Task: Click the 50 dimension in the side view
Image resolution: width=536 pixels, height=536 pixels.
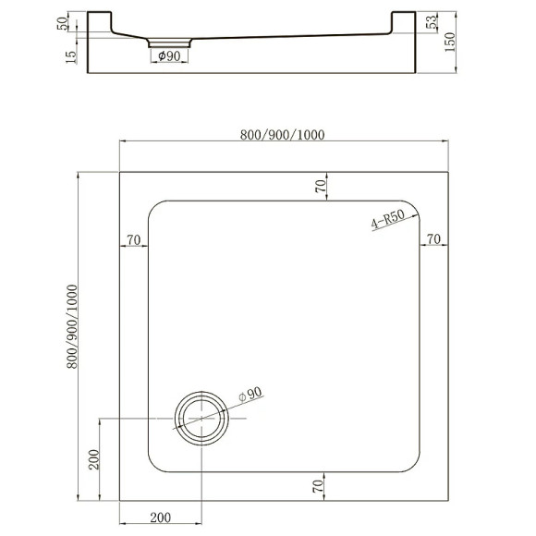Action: point(63,22)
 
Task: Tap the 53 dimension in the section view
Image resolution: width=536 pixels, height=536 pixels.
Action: point(432,23)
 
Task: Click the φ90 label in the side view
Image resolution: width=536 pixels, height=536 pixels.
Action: point(168,57)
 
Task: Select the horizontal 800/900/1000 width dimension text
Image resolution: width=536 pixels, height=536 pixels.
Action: point(282,135)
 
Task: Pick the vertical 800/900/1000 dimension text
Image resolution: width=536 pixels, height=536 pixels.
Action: point(72,326)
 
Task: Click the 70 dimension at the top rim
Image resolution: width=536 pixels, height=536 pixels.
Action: point(320,186)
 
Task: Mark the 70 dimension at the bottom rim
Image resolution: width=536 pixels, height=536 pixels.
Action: point(320,485)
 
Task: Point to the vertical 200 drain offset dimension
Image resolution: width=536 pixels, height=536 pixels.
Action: point(93,459)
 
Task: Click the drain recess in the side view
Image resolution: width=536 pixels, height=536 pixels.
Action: point(168,43)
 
